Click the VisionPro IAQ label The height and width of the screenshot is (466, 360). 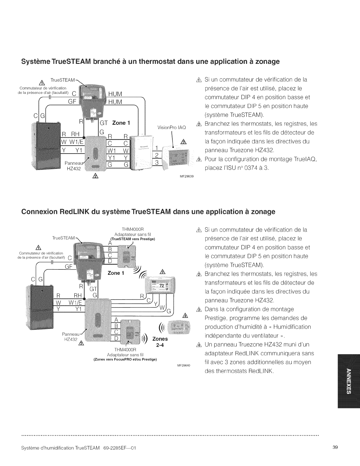click(x=172, y=127)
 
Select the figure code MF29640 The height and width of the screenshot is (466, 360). click(x=184, y=365)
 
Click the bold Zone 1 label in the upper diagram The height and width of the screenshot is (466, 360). click(x=121, y=123)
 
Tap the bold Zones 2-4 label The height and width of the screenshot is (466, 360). click(x=160, y=342)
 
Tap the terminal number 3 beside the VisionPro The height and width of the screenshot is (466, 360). click(x=157, y=162)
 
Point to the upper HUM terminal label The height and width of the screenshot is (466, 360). click(x=115, y=94)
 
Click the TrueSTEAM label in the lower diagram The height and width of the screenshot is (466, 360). click(x=63, y=238)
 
